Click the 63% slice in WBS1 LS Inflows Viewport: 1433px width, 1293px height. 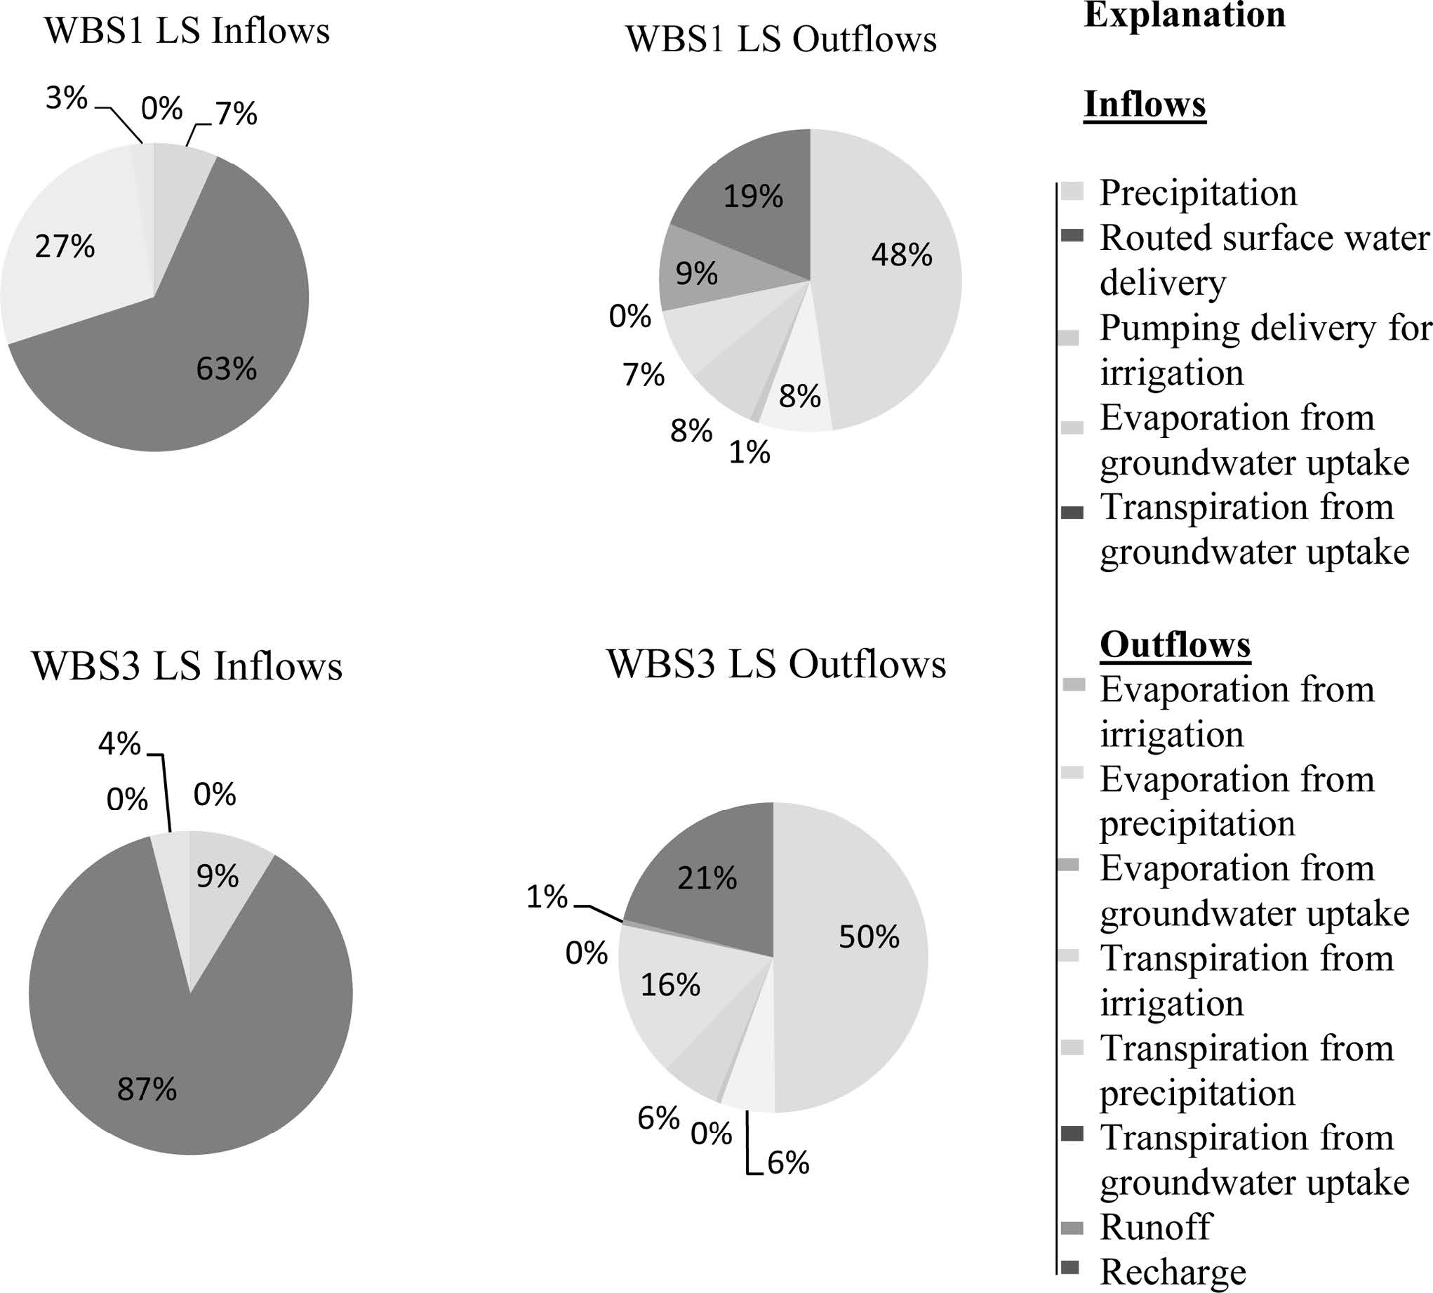point(213,355)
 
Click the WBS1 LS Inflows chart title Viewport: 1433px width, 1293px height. point(187,32)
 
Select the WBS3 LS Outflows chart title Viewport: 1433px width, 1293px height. point(776,665)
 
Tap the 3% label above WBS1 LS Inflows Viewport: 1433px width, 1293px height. point(66,98)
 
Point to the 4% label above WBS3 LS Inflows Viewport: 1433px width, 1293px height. point(119,744)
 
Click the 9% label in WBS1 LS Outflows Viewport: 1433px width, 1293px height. point(696,274)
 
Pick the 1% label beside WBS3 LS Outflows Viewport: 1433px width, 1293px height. point(547,898)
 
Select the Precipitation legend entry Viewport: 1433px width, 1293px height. point(1198,193)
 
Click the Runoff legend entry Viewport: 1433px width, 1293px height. point(1155,1227)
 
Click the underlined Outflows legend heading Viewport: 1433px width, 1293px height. point(1175,645)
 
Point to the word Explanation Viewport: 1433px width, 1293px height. point(1185,15)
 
